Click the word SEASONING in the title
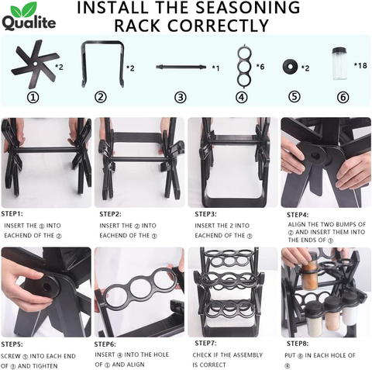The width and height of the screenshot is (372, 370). (246, 9)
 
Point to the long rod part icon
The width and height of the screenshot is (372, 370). (181, 67)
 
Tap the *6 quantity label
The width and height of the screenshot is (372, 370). (260, 68)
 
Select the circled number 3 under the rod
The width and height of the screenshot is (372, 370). (181, 98)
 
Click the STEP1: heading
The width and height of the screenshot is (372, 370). (12, 213)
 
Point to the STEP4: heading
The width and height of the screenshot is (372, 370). (298, 214)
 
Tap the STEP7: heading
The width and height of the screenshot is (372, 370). (205, 342)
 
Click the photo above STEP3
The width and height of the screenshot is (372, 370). (230, 161)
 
